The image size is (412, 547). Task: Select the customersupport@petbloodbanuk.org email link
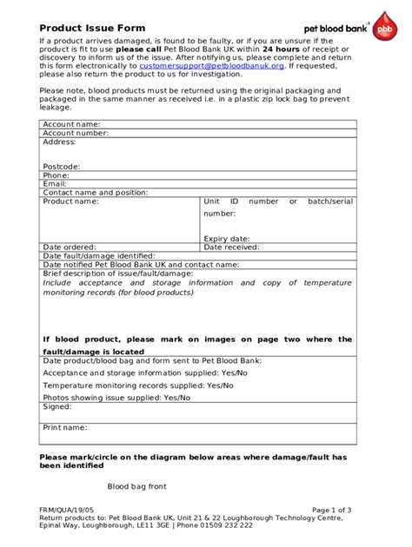tap(212, 65)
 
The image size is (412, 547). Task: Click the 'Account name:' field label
tap(72, 125)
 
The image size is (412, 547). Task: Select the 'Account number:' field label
tap(76, 134)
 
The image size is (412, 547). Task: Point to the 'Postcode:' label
tap(62, 166)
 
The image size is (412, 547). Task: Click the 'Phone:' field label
tap(56, 175)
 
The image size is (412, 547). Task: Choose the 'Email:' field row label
tap(56, 183)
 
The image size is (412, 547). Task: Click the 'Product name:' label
tap(71, 201)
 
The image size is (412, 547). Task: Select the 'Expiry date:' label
tap(227, 239)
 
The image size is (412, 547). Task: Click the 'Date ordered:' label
tap(70, 247)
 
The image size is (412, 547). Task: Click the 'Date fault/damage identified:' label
tap(99, 256)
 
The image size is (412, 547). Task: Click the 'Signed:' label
tap(57, 406)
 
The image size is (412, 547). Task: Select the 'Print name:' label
tap(65, 427)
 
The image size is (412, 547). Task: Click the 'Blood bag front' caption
tap(136, 486)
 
